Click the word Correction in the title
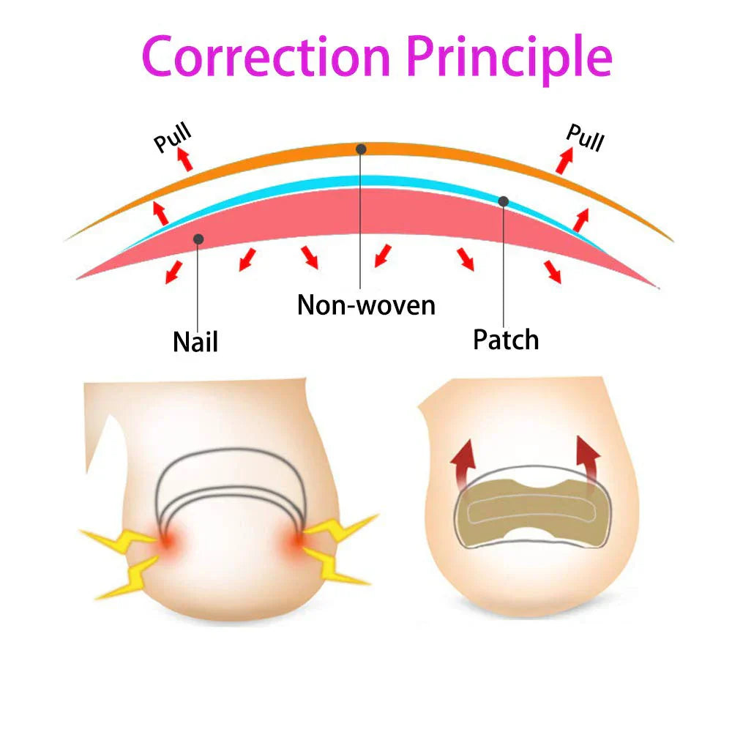tap(267, 56)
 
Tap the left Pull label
tap(173, 138)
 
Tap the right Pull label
tap(585, 137)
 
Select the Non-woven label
tap(366, 304)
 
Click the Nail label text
tap(195, 341)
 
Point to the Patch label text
tap(506, 339)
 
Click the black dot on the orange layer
tap(361, 149)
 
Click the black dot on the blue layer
tap(504, 201)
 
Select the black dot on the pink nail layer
tap(198, 239)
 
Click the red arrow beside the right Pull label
tap(564, 160)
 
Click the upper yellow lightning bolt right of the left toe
tap(340, 529)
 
